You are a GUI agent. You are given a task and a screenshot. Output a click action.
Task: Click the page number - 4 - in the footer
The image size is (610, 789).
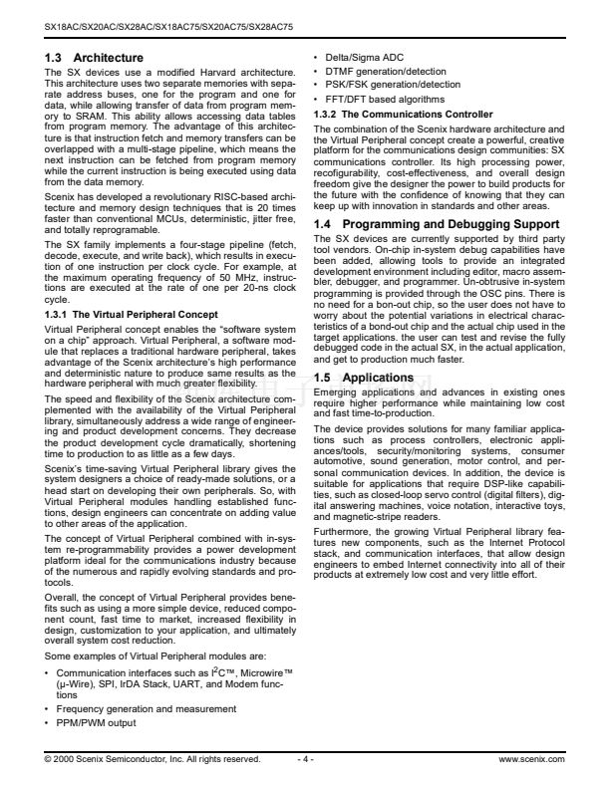tap(305, 759)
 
